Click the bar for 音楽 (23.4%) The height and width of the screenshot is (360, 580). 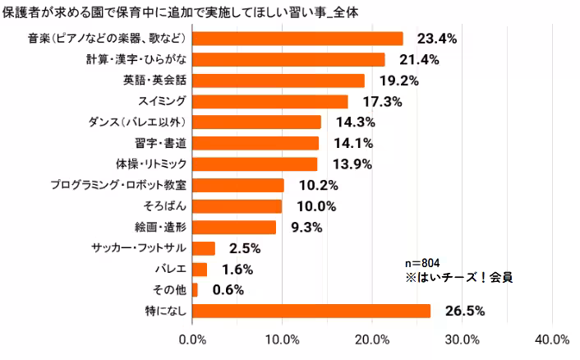point(297,39)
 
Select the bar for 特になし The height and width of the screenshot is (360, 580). point(311,311)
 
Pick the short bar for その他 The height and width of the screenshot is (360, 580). point(195,289)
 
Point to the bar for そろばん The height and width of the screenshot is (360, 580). point(237,205)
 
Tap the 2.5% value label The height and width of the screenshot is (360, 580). point(246,247)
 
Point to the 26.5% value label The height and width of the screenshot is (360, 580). point(463,311)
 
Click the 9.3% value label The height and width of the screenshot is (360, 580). point(306,227)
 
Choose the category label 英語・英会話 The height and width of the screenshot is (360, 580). point(154,81)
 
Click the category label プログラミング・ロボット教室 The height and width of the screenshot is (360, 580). point(119,185)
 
